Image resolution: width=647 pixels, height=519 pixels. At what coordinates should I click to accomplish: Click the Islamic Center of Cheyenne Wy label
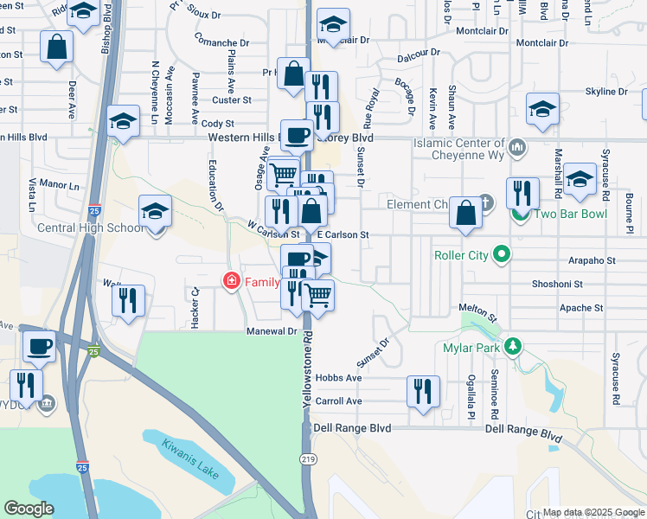pos(458,144)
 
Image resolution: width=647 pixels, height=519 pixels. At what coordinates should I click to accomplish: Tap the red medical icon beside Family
pos(231,281)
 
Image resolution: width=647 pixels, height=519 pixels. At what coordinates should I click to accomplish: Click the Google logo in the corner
pos(29,509)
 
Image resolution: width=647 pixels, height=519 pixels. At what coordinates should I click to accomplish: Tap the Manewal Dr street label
pos(271,331)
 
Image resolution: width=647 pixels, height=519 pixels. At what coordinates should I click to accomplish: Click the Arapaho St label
pos(592,259)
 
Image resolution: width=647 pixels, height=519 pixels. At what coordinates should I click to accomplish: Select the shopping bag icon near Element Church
pos(465,213)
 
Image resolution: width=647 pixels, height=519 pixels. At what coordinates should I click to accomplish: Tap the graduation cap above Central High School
pos(156,210)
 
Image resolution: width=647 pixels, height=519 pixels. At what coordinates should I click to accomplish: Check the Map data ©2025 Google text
pos(593,512)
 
